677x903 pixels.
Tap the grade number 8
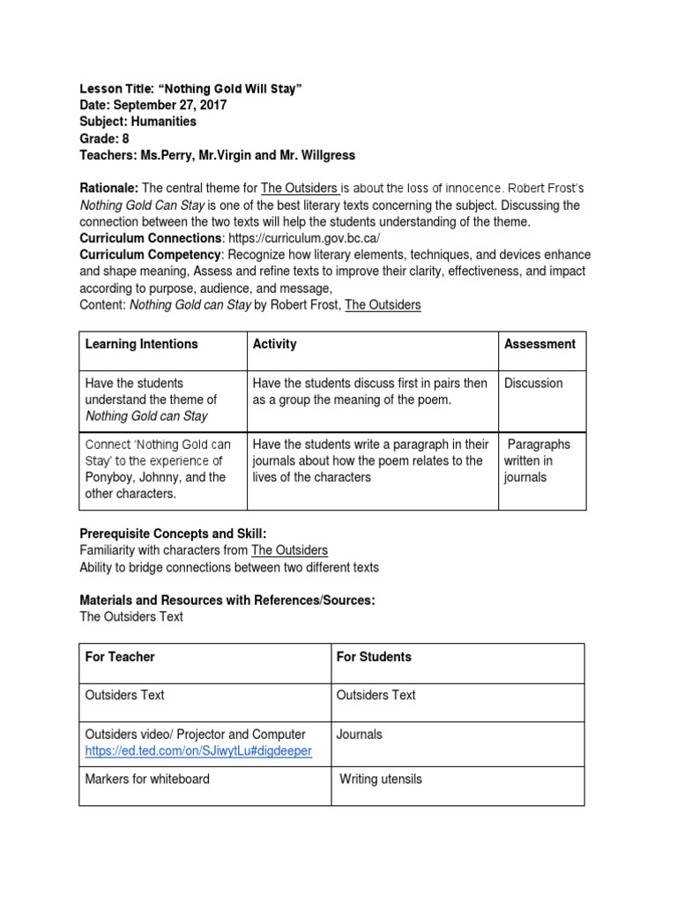point(125,138)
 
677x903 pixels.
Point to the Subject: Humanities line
point(138,122)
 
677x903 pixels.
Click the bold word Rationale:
point(109,189)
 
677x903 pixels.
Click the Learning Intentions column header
point(141,344)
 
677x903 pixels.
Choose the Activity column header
point(274,344)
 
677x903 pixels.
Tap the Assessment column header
point(539,344)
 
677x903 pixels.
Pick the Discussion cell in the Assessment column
point(532,383)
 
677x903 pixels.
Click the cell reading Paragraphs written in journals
point(537,460)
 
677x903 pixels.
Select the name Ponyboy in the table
point(111,477)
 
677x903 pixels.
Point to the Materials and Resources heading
point(227,601)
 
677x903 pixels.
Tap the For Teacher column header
point(119,657)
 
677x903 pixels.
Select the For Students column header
point(373,657)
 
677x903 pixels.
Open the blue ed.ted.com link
point(197,750)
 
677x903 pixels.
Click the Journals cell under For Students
point(359,734)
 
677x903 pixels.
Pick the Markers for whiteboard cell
point(147,779)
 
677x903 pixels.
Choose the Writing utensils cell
point(381,779)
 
